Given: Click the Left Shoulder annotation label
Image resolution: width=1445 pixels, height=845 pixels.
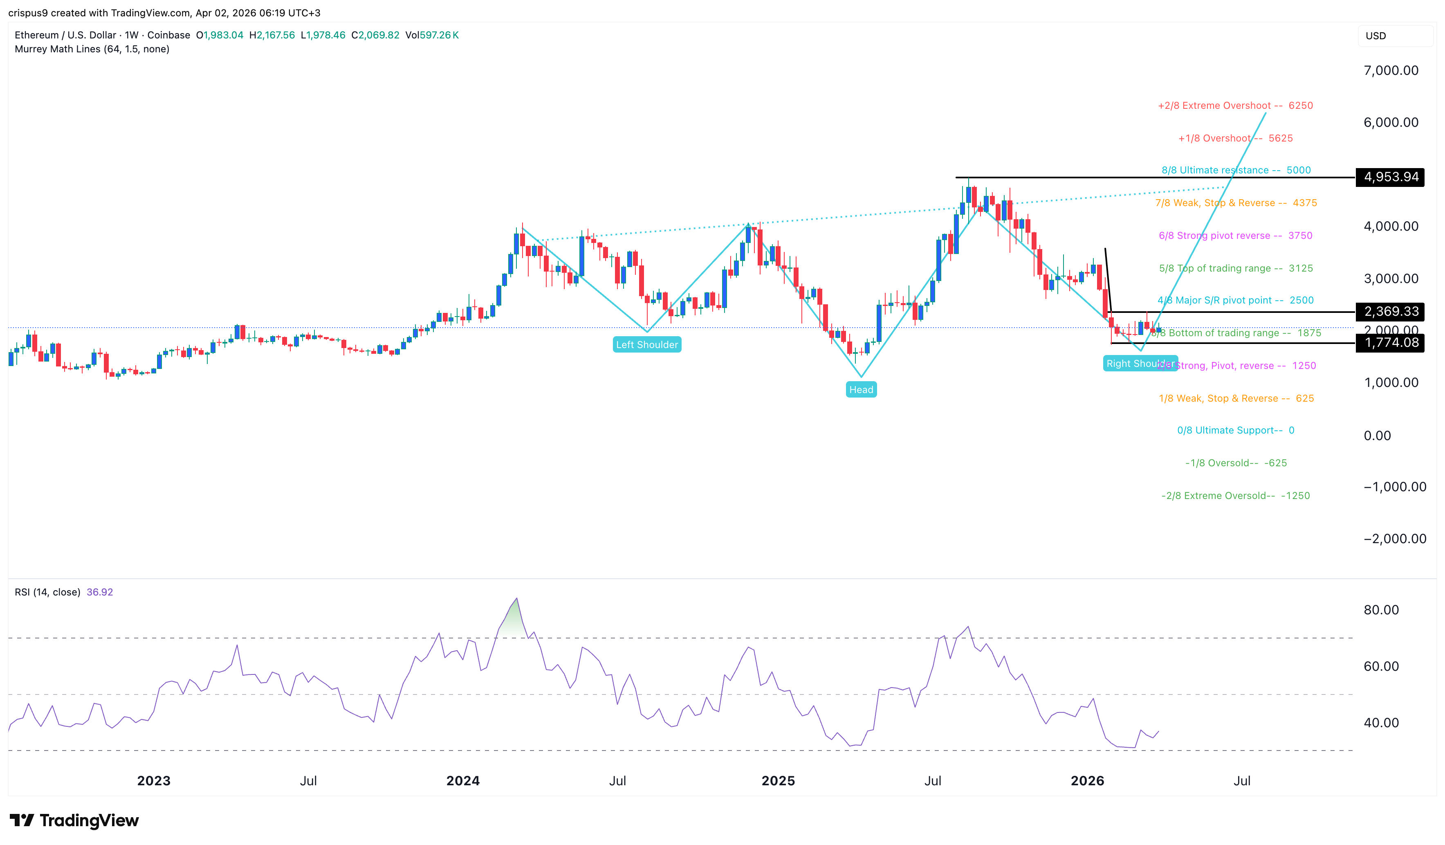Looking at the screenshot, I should pyautogui.click(x=647, y=345).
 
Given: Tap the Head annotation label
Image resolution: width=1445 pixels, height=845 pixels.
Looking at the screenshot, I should pyautogui.click(x=861, y=390).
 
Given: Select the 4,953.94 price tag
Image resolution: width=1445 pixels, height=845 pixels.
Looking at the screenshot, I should pyautogui.click(x=1391, y=177).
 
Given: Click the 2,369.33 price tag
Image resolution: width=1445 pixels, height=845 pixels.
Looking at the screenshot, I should pyautogui.click(x=1391, y=312).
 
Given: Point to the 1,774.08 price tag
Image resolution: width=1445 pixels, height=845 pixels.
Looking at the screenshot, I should pyautogui.click(x=1391, y=343).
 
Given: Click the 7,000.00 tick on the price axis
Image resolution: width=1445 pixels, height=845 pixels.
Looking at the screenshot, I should pyautogui.click(x=1391, y=71).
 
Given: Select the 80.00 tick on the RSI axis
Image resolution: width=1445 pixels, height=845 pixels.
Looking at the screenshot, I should pyautogui.click(x=1381, y=610).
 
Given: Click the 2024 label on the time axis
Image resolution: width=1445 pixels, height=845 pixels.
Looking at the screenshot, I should pyautogui.click(x=463, y=781).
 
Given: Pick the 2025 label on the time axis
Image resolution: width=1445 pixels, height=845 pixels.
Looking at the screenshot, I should pyautogui.click(x=778, y=781).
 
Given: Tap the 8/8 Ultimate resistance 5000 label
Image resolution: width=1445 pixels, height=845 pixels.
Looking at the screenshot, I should pyautogui.click(x=1236, y=171).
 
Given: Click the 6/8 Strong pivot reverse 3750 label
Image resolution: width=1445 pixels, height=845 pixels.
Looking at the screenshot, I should pyautogui.click(x=1235, y=236).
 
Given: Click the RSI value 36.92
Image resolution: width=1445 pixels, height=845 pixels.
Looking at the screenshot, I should pyautogui.click(x=100, y=592).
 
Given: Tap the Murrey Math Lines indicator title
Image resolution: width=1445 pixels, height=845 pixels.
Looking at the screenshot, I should pyautogui.click(x=92, y=49).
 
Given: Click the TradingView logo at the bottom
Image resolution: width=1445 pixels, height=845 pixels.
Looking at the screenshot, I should pyautogui.click(x=74, y=820).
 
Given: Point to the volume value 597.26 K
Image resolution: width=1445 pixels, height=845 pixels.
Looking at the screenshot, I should pyautogui.click(x=439, y=35).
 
